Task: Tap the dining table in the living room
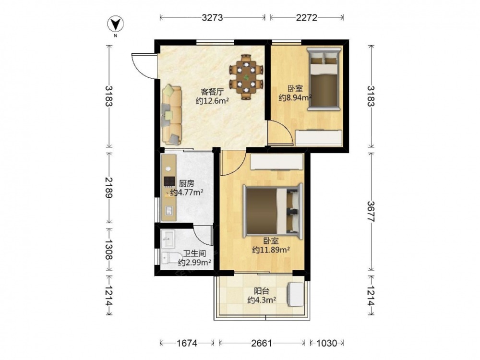[x=246, y=77]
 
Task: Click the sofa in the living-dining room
[x=171, y=115]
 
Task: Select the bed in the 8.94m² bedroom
[x=324, y=78]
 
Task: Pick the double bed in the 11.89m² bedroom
[x=273, y=211]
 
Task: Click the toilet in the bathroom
[x=168, y=258]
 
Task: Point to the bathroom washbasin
[x=168, y=239]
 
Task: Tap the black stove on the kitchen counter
[x=169, y=181]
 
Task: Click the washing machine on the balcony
[x=295, y=294]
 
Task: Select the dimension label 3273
[x=212, y=18]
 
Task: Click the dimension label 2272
[x=306, y=18]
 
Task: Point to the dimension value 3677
[x=371, y=211]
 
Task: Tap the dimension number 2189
[x=108, y=187]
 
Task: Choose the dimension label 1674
[x=187, y=343]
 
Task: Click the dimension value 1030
[x=326, y=343]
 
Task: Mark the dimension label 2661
[x=262, y=343]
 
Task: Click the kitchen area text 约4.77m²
[x=187, y=192]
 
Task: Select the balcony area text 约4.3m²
[x=262, y=300]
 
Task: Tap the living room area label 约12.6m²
[x=212, y=101]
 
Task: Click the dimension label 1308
[x=108, y=249]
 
